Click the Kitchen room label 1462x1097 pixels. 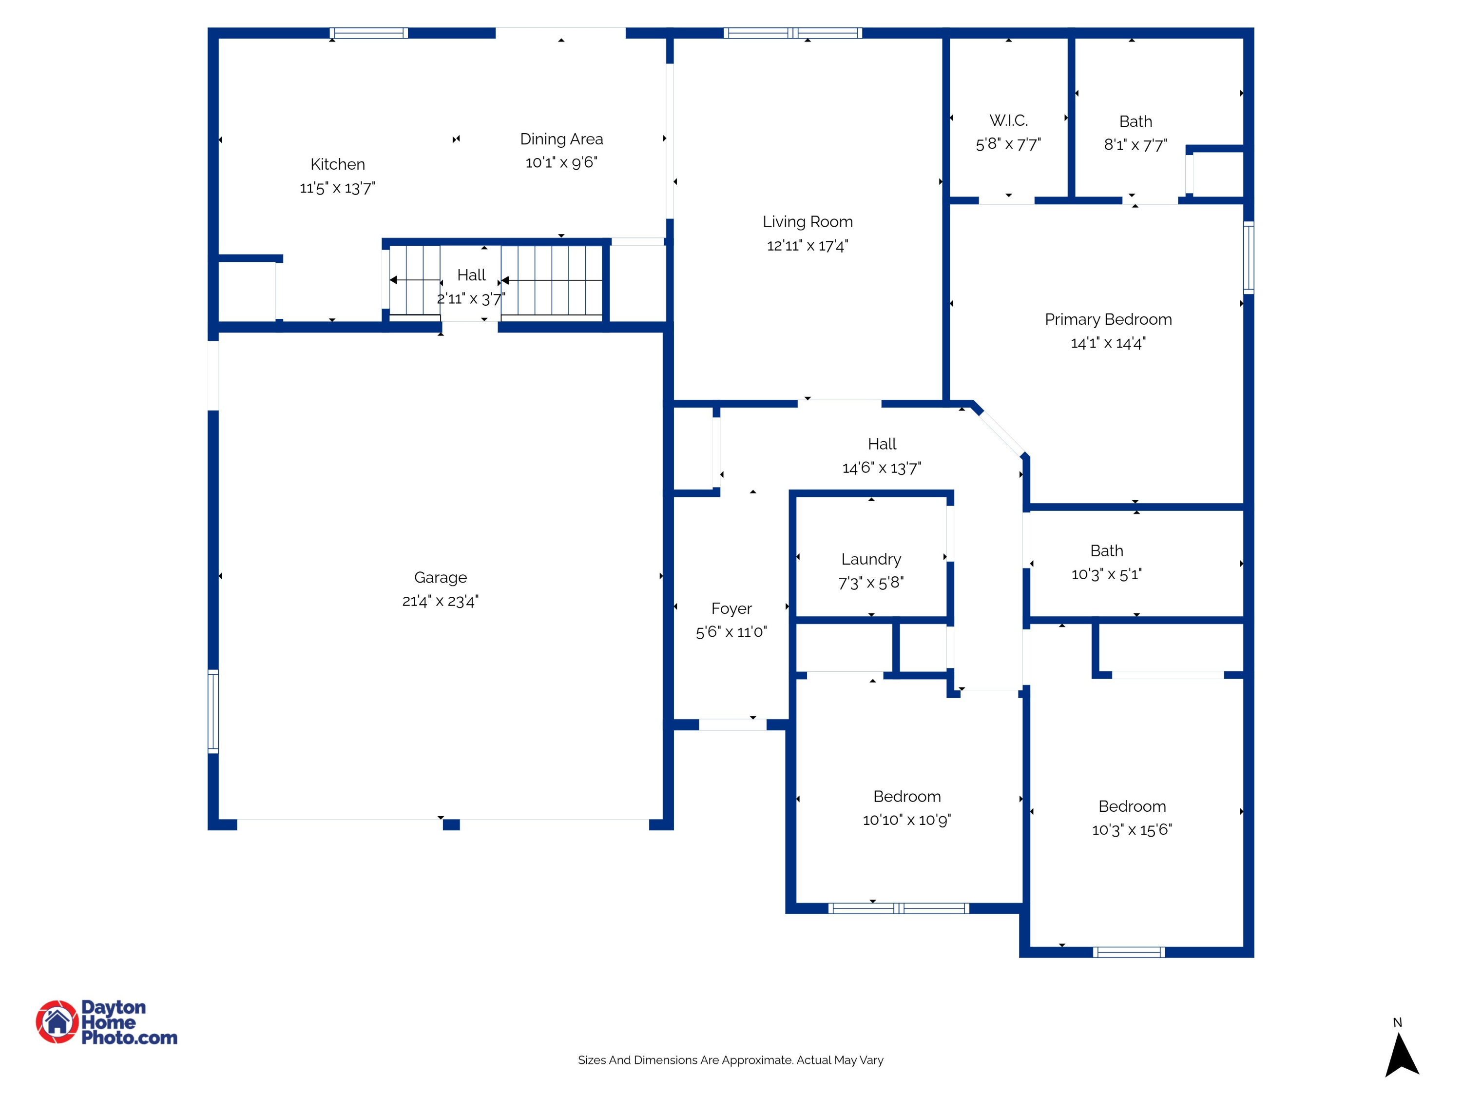(x=337, y=164)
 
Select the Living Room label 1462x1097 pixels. (x=807, y=221)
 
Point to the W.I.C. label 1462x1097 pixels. (x=1008, y=120)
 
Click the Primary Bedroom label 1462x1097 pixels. (x=1108, y=319)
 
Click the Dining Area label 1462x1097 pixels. (x=561, y=139)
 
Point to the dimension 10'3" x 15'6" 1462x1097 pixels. (x=1132, y=830)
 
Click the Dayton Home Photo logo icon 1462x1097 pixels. (x=57, y=1021)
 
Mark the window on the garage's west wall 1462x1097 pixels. (x=213, y=711)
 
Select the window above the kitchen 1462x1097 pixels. (x=369, y=33)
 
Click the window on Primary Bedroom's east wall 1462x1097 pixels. (x=1248, y=257)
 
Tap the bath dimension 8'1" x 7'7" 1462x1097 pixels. (x=1135, y=145)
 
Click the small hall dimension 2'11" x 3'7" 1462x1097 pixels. (x=471, y=299)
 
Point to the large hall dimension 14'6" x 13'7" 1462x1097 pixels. (x=881, y=468)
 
